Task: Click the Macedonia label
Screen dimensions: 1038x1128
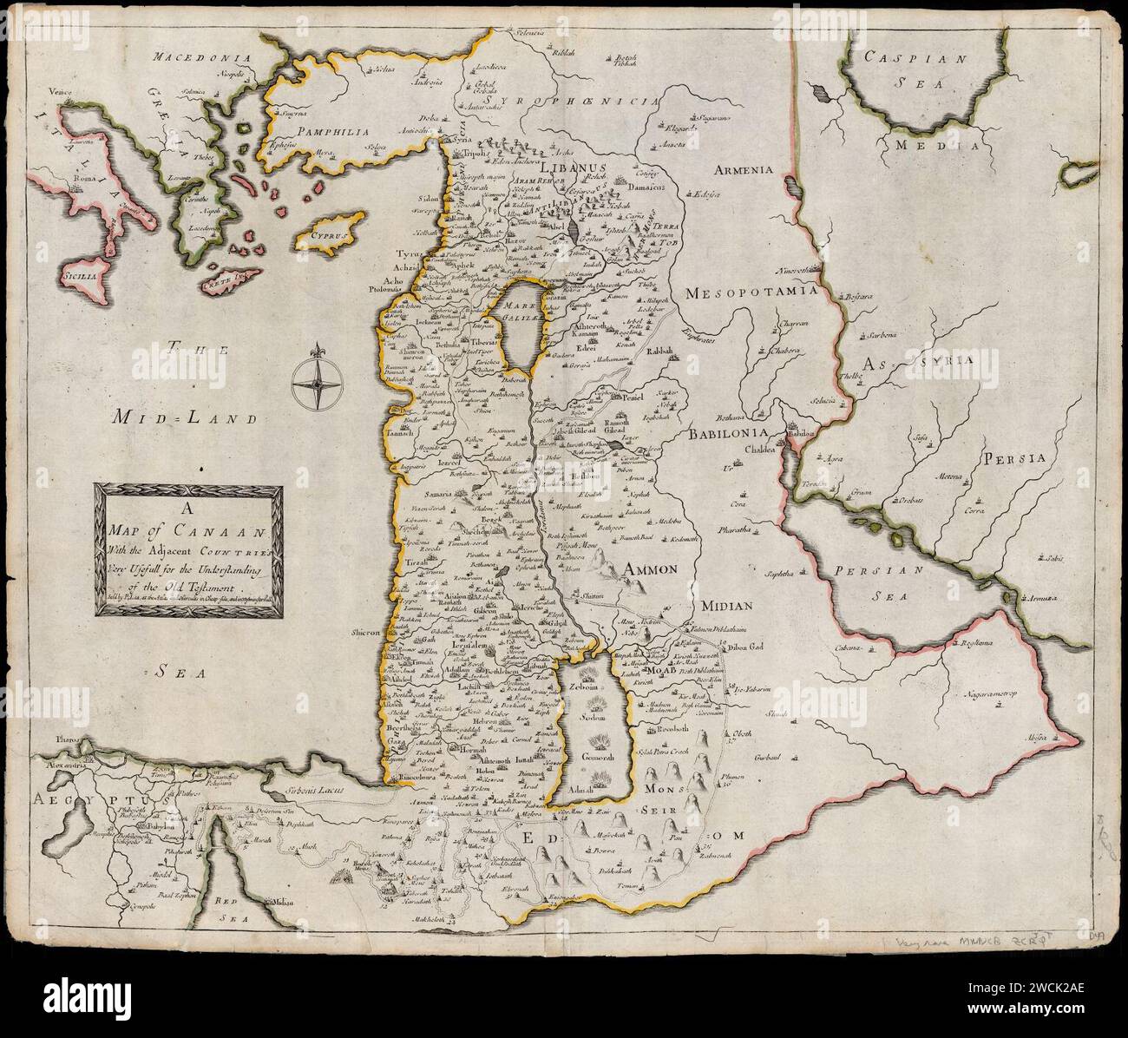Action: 202,58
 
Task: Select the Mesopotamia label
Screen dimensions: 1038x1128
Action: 751,293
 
